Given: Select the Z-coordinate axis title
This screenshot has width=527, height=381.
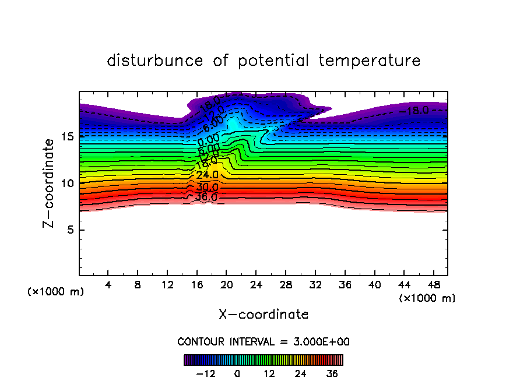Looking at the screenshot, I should tap(52, 183).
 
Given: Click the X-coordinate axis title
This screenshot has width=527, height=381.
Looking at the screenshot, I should tap(263, 315).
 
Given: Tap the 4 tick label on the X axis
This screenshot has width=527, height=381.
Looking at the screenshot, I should tap(108, 285).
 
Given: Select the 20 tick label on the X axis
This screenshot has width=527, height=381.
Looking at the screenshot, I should tap(227, 285).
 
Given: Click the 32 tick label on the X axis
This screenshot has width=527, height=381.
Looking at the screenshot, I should tap(315, 285).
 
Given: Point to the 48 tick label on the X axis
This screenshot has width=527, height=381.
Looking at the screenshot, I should tap(433, 285).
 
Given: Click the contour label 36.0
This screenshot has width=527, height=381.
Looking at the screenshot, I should tap(206, 197).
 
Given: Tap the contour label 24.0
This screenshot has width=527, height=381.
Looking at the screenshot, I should tap(207, 175).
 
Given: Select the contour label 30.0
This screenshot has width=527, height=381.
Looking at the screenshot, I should tap(207, 187).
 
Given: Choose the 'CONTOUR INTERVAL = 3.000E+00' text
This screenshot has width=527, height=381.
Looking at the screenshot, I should tap(263, 341).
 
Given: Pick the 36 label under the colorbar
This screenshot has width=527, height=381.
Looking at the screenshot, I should tap(332, 374).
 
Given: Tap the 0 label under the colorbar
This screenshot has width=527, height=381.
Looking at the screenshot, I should tap(237, 374).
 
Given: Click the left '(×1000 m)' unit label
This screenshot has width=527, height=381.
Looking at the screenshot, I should tap(56, 292).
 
